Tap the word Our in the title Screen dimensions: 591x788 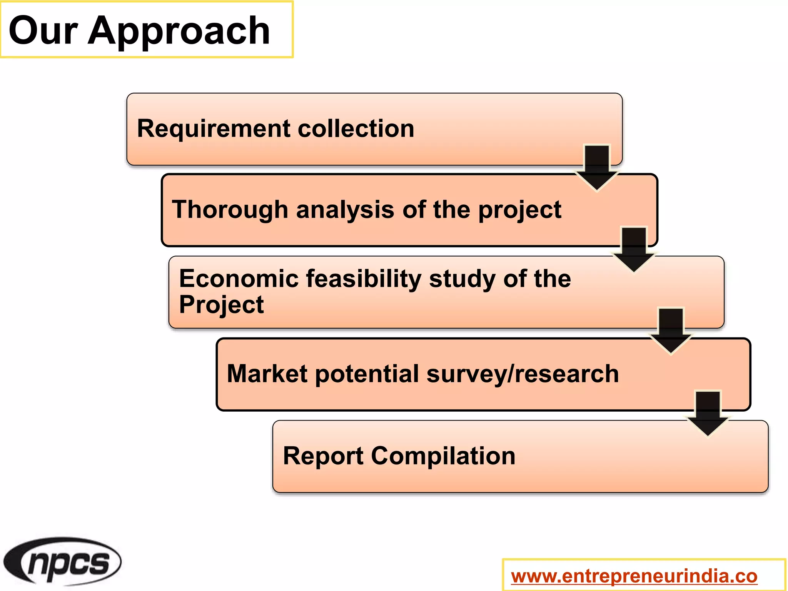(43, 31)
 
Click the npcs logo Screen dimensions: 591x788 (62, 562)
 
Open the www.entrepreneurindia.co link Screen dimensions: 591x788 (634, 576)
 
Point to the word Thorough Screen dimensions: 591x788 (230, 210)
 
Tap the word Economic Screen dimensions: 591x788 (239, 279)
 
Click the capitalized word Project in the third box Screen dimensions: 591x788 (221, 305)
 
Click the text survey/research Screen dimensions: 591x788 (523, 374)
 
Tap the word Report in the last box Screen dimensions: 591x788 (323, 456)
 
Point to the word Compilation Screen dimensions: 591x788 (443, 456)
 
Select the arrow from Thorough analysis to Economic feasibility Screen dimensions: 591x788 (634, 250)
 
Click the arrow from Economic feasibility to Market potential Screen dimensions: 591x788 (671, 331)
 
